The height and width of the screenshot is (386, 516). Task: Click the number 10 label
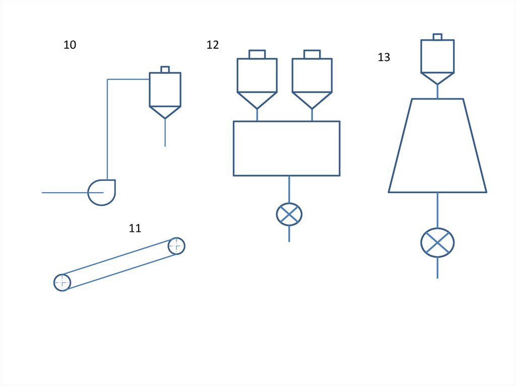[70, 45]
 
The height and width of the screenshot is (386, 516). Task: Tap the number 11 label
[135, 228]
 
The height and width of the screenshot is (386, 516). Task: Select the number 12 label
[213, 45]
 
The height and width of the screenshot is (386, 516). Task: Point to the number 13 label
[383, 57]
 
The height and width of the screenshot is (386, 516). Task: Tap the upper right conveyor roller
[176, 246]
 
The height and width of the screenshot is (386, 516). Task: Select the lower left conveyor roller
[62, 282]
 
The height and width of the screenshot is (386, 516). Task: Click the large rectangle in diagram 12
[286, 148]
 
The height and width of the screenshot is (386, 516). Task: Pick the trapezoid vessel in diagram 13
[437, 146]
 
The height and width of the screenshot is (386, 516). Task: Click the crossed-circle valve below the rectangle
[289, 214]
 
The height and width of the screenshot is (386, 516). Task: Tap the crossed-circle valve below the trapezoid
[437, 243]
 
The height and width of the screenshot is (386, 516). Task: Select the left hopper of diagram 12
[257, 81]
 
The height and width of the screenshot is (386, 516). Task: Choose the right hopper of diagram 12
[312, 81]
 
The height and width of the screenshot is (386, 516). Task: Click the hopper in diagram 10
[165, 93]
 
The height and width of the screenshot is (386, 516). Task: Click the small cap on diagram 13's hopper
[437, 37]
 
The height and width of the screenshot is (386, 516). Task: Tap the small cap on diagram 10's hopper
[165, 69]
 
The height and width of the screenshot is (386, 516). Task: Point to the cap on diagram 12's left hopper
[257, 54]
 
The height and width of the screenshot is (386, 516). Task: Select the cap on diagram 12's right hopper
[312, 54]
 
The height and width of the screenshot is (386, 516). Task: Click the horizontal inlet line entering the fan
[66, 192]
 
